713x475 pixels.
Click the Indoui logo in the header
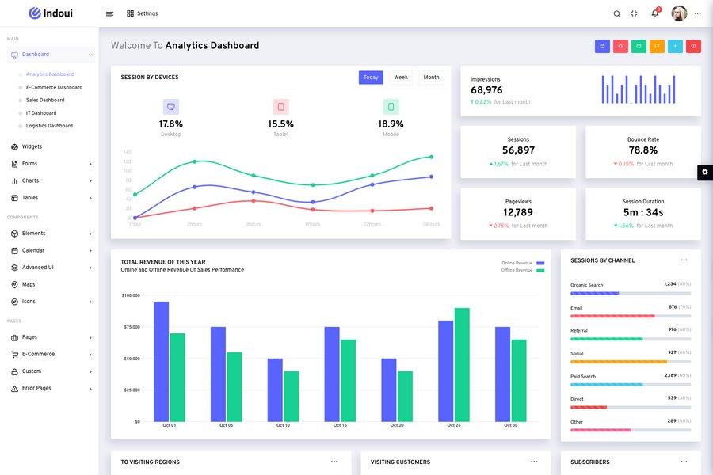(x=51, y=13)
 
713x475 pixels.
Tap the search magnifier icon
(x=617, y=13)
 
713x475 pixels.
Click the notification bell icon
(x=655, y=13)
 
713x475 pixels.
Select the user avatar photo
(x=679, y=13)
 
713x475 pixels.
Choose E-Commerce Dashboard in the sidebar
(x=54, y=87)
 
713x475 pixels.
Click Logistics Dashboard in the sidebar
(x=49, y=126)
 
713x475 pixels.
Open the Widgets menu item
(x=32, y=146)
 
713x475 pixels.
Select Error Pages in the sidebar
(x=36, y=388)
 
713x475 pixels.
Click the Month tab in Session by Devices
(x=431, y=78)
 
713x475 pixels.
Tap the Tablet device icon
(x=280, y=107)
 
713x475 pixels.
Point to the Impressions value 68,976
(x=486, y=90)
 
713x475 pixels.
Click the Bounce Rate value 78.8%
(x=642, y=150)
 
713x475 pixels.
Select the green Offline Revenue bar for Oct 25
(x=462, y=364)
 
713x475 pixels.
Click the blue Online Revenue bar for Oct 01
(x=161, y=361)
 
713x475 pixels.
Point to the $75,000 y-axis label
(x=131, y=327)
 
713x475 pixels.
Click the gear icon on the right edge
(x=705, y=172)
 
